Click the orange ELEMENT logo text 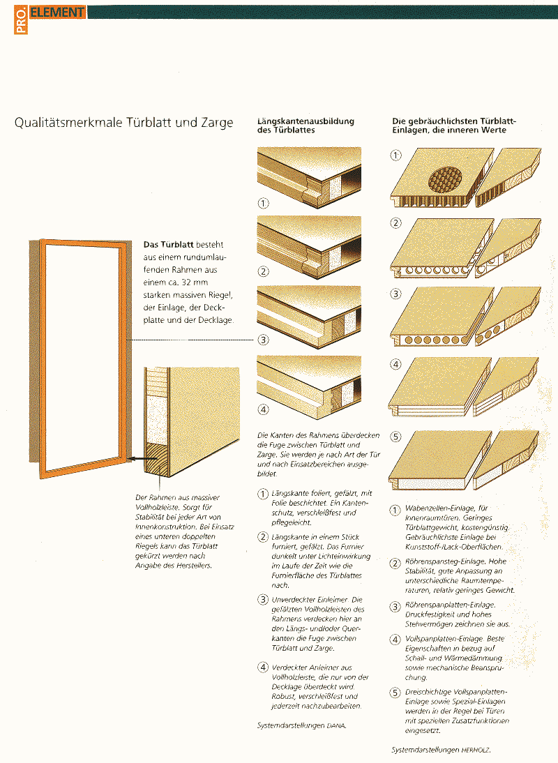pyautogui.click(x=57, y=12)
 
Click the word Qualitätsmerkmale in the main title pyautogui.click(x=68, y=122)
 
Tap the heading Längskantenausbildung pyautogui.click(x=306, y=121)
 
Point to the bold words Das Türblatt pyautogui.click(x=168, y=244)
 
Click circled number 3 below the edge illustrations pyautogui.click(x=263, y=340)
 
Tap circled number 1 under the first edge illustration pyautogui.click(x=263, y=203)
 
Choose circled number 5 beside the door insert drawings pyautogui.click(x=396, y=437)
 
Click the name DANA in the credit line pyautogui.click(x=336, y=725)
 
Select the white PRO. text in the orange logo pyautogui.click(x=21, y=20)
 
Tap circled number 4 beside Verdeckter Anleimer pyautogui.click(x=263, y=667)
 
